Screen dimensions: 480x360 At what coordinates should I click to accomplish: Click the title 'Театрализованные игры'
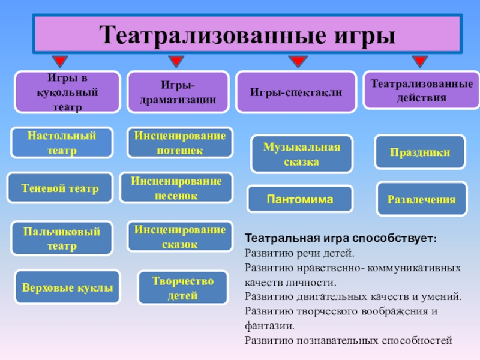click(247, 35)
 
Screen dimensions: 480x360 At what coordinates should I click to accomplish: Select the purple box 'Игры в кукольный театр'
click(67, 92)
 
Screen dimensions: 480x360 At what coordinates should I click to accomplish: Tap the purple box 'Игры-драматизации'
click(178, 92)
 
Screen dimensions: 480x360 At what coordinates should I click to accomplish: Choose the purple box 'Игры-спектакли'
click(296, 92)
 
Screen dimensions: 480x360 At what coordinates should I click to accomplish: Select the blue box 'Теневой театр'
click(59, 188)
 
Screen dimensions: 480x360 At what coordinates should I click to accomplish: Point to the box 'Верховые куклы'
click(68, 287)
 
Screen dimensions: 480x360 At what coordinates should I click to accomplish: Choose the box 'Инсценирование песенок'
click(176, 188)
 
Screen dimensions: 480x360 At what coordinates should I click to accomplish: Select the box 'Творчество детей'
click(182, 288)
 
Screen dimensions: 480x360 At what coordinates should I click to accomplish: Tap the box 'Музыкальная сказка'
click(301, 154)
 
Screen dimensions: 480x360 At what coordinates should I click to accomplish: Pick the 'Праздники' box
click(420, 152)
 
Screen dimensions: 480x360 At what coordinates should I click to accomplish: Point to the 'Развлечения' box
click(421, 199)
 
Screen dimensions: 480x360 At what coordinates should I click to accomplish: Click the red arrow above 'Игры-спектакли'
click(296, 62)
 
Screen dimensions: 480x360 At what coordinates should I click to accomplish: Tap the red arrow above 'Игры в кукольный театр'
click(60, 62)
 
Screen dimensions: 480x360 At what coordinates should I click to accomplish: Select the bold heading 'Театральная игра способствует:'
click(341, 238)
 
